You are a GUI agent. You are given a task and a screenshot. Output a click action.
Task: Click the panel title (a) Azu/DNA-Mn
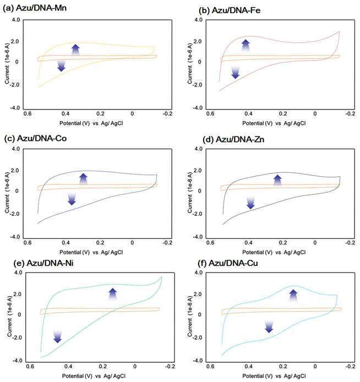[35, 8]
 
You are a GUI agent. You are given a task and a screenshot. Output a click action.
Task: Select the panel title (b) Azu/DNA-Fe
[230, 10]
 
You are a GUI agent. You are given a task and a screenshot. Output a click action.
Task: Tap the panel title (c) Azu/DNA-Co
[36, 138]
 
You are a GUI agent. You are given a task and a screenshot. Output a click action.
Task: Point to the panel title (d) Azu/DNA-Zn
[233, 140]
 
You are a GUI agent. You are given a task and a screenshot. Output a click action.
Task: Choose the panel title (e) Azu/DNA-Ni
[43, 263]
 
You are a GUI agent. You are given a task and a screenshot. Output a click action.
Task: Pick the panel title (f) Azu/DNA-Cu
[233, 263]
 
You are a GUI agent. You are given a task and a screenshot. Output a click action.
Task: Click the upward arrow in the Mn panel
[75, 50]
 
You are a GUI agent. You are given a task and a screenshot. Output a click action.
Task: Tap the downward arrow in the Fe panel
[235, 73]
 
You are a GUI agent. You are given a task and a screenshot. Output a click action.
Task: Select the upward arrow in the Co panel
[83, 179]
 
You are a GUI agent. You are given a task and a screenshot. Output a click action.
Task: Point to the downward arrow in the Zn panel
[250, 203]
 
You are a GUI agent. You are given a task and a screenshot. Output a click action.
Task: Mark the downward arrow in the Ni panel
[57, 337]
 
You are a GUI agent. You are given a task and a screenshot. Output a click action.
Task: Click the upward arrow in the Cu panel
[293, 296]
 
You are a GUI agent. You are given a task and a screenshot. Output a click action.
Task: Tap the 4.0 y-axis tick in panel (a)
[15, 19]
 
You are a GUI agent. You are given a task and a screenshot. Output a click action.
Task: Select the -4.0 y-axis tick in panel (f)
[197, 361]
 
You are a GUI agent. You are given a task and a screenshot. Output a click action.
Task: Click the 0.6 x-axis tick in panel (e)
[30, 367]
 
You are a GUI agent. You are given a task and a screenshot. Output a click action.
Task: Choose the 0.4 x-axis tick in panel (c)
[66, 243]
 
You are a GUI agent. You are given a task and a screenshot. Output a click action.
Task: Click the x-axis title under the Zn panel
[274, 252]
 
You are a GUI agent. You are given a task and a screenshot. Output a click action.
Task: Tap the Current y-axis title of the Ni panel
[10, 316]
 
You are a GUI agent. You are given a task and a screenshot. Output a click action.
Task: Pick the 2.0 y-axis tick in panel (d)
[199, 171]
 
